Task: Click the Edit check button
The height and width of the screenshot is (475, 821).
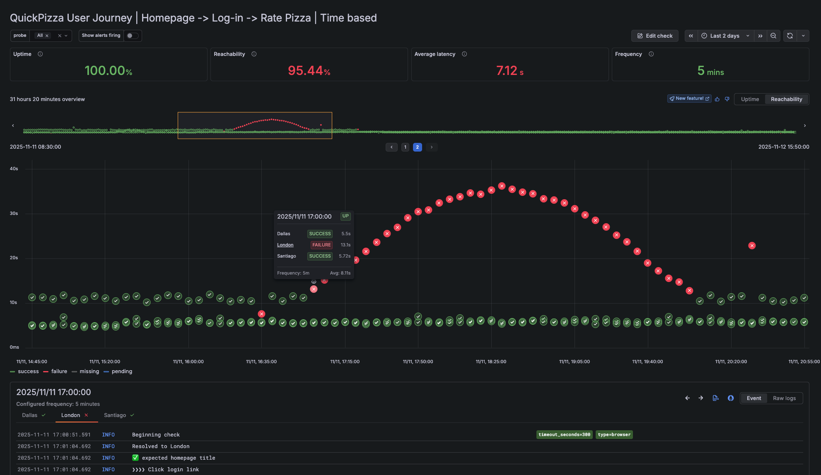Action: point(654,36)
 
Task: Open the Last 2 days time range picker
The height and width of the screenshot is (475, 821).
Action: point(725,36)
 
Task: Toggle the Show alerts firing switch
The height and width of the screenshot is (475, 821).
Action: point(133,36)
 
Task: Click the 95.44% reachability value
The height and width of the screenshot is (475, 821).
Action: point(309,71)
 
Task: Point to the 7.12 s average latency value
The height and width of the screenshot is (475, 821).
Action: point(510,71)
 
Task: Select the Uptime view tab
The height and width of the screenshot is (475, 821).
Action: point(750,99)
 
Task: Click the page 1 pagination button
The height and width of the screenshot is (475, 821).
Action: point(405,147)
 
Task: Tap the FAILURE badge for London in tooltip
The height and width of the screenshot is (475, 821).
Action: point(321,245)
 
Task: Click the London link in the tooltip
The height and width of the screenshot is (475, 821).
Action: point(285,245)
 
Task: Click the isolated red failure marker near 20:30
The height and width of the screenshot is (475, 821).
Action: point(752,246)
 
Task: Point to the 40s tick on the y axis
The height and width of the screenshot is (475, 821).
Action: point(14,169)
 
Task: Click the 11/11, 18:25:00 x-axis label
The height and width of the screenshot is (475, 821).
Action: point(491,362)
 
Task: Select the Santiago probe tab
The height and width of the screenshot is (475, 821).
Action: point(115,415)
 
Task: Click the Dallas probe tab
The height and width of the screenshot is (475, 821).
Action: point(30,415)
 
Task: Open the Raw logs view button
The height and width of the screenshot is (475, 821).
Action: point(784,398)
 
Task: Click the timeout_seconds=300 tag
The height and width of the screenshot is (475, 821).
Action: point(564,435)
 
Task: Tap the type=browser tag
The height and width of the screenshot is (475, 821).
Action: point(614,435)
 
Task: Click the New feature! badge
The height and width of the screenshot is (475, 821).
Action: point(689,99)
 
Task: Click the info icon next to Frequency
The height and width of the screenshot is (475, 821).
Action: point(651,54)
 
